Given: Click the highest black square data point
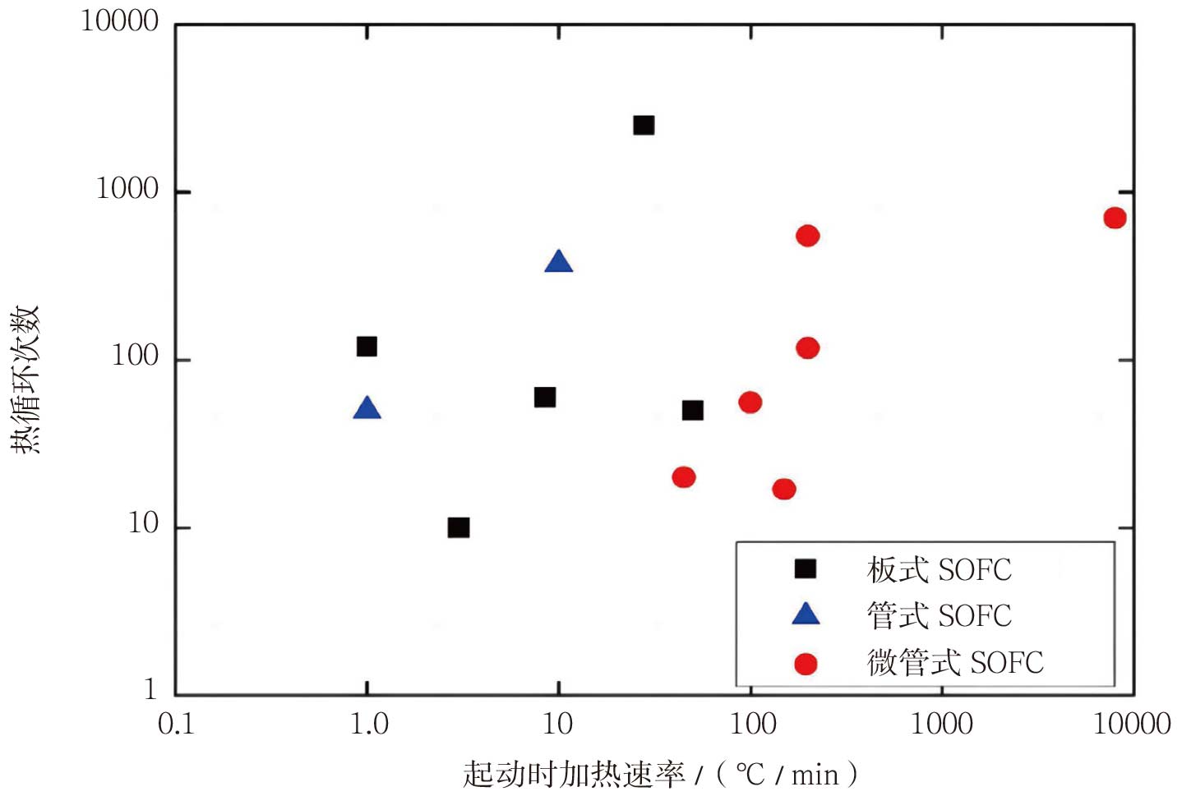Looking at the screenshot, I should click(x=644, y=125).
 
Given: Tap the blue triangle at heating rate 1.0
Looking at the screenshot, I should click(x=367, y=408).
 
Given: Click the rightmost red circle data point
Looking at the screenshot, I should click(x=1115, y=218).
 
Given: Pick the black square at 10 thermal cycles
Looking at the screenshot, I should click(x=459, y=527).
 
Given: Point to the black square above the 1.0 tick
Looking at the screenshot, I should click(x=367, y=347).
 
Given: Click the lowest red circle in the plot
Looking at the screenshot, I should click(x=784, y=490).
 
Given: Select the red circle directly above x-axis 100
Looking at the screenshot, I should click(x=750, y=403).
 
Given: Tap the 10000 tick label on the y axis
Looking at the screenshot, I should click(x=120, y=21).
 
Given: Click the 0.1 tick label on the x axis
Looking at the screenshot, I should click(x=176, y=724).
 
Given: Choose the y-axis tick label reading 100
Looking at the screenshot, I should click(x=135, y=356).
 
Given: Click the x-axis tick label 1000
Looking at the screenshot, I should click(x=942, y=724).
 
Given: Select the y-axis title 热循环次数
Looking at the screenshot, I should click(x=25, y=379).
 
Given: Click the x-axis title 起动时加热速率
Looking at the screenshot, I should click(x=573, y=774).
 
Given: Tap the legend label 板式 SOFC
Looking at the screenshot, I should click(x=939, y=569).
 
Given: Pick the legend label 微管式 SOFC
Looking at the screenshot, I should click(x=955, y=662).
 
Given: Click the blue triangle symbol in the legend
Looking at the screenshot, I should click(x=806, y=614).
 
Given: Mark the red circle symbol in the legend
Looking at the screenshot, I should click(x=806, y=664).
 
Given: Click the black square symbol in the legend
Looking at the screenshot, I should click(x=806, y=568).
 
